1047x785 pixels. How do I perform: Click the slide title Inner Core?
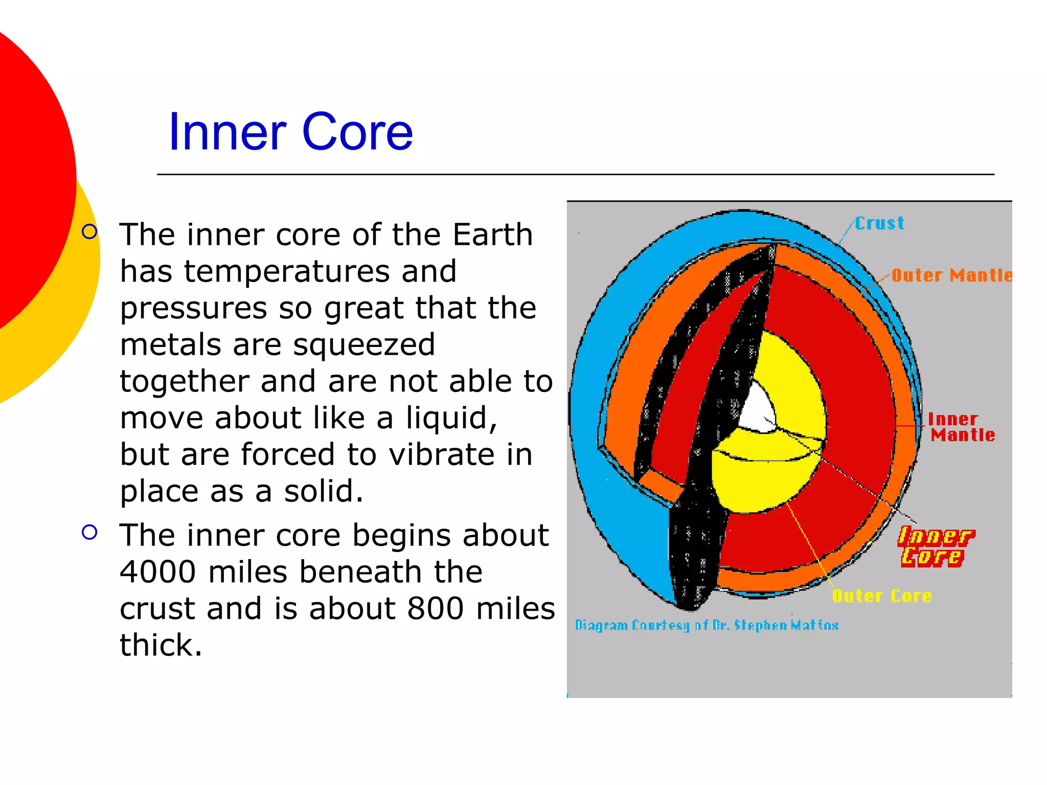[x=290, y=132]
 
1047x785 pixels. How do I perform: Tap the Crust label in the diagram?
[x=879, y=223]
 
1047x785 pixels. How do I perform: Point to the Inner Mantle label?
[x=961, y=427]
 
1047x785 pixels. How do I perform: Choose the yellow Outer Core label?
[x=882, y=596]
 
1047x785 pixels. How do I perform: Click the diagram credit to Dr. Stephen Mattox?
[x=707, y=625]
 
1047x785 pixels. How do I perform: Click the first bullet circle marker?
[x=89, y=232]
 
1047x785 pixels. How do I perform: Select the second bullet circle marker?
[x=89, y=533]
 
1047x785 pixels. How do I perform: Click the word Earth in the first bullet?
[x=493, y=235]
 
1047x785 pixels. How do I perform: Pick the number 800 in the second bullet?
[x=436, y=608]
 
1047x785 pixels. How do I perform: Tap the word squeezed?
[x=364, y=344]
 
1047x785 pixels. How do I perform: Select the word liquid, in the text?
[x=451, y=418]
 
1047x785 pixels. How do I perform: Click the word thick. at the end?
[x=161, y=645]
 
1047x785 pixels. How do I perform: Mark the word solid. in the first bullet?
[x=323, y=491]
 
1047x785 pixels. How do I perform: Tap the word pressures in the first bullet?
[x=193, y=308]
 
